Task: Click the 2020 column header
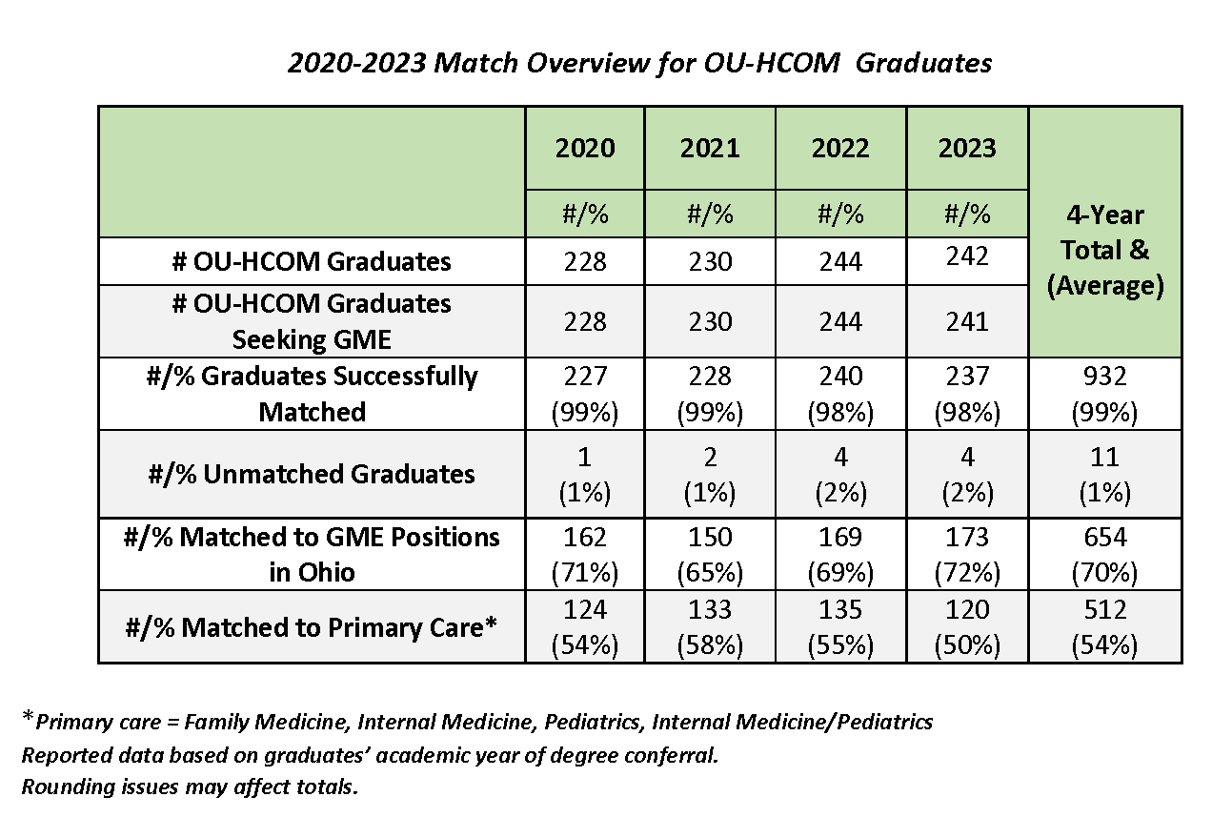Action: [x=585, y=149]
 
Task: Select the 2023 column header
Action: [x=967, y=149]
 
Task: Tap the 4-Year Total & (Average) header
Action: [x=1105, y=251]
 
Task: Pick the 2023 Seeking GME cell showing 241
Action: [x=967, y=321]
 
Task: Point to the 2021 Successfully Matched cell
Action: [x=710, y=394]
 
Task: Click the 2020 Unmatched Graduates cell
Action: [x=585, y=474]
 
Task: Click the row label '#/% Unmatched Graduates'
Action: [x=313, y=474]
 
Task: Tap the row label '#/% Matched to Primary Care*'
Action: [x=313, y=627]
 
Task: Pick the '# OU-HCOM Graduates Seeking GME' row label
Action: [x=313, y=321]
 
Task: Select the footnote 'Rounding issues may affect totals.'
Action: [x=190, y=788]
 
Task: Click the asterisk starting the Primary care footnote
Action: [x=28, y=719]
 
